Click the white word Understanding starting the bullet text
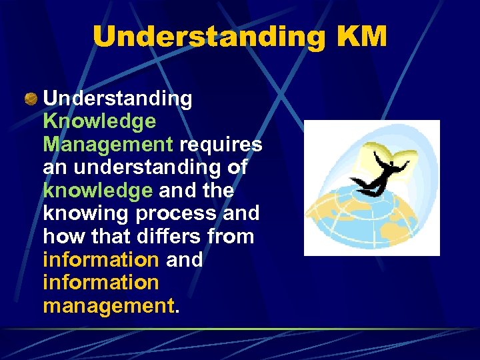[117, 99]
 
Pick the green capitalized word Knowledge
[99, 121]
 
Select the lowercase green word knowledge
[97, 191]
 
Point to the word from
[232, 237]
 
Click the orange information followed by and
[101, 259]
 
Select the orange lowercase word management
[108, 305]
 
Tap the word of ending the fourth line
[237, 167]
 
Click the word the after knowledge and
[218, 191]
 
